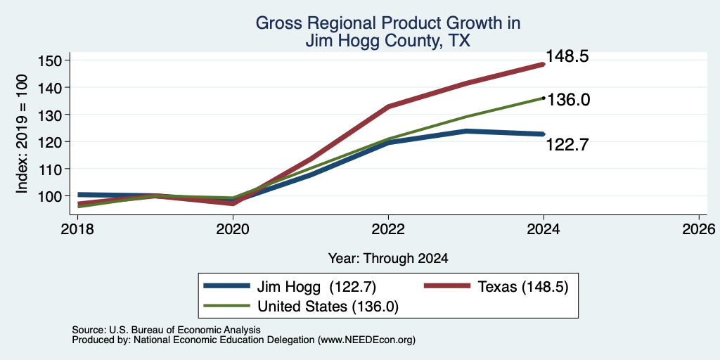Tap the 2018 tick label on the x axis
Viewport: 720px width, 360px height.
77,229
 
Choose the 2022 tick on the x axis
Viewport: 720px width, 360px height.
388,229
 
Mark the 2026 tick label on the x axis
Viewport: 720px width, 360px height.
700,229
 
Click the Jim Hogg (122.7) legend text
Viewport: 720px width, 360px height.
316,287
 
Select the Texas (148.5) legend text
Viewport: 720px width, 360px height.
523,287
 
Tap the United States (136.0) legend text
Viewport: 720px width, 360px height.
328,307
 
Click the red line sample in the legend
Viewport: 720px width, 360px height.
446,287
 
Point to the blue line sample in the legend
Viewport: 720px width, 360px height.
226,287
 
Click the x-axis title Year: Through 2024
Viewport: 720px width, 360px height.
388,259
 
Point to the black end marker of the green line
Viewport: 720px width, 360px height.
544,98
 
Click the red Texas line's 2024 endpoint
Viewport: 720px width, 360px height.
544,65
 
